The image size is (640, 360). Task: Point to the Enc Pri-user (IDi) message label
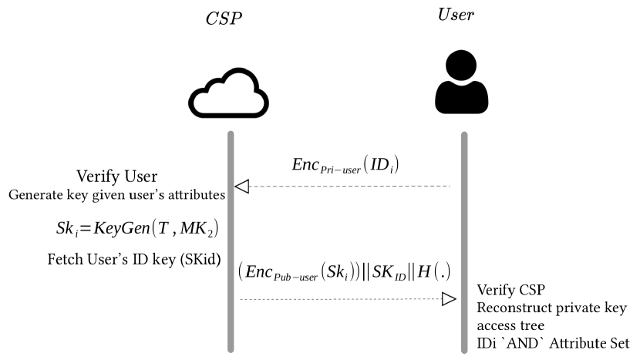345,166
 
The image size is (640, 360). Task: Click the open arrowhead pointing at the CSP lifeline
242,186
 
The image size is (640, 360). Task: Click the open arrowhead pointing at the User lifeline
449,299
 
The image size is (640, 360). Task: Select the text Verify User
117,177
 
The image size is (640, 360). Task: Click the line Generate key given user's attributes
116,195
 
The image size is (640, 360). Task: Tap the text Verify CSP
511,291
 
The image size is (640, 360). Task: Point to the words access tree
510,325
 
